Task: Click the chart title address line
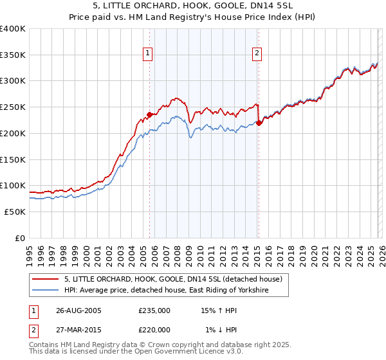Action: pyautogui.click(x=193, y=6)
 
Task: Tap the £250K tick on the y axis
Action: pyautogui.click(x=13, y=107)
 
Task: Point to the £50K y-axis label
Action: pyautogui.click(x=15, y=212)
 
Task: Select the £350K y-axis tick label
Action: pyautogui.click(x=13, y=55)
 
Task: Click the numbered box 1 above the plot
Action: pyautogui.click(x=149, y=53)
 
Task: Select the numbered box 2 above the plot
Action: pyautogui.click(x=257, y=53)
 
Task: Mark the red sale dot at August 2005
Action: pyautogui.click(x=150, y=115)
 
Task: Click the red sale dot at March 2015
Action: pyautogui.click(x=259, y=123)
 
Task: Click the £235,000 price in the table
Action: pyautogui.click(x=154, y=310)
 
